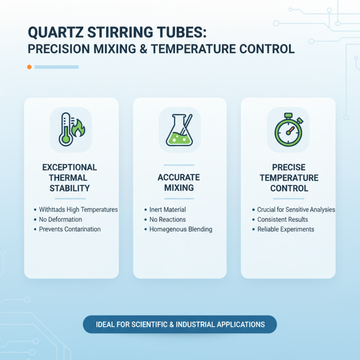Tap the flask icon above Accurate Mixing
180,130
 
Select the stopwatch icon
288,130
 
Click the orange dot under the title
29,67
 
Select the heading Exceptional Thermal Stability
70,177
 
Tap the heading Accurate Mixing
179,182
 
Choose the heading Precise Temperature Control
289,177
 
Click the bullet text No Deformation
60,220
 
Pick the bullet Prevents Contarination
70,229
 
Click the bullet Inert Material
167,210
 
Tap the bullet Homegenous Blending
180,229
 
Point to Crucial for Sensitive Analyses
296,210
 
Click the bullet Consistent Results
283,220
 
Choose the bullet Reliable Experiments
285,229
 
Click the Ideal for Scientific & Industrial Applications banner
180,324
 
